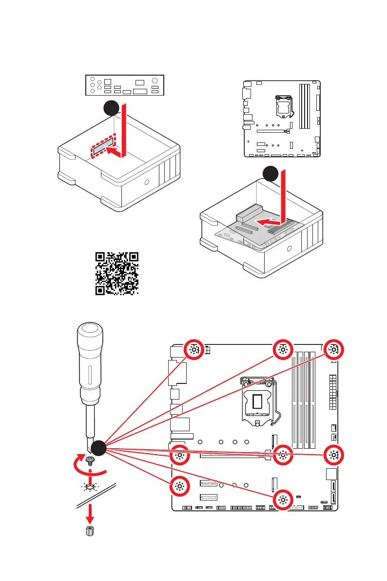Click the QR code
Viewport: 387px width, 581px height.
[x=116, y=274]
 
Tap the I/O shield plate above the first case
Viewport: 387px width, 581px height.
[x=125, y=85]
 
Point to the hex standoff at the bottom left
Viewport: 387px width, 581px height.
[x=90, y=531]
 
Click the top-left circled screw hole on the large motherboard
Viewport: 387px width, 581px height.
[x=194, y=350]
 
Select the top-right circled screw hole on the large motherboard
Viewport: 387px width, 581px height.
[x=333, y=350]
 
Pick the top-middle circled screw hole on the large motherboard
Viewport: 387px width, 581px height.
[x=283, y=350]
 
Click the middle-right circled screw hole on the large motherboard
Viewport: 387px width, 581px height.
[x=333, y=456]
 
